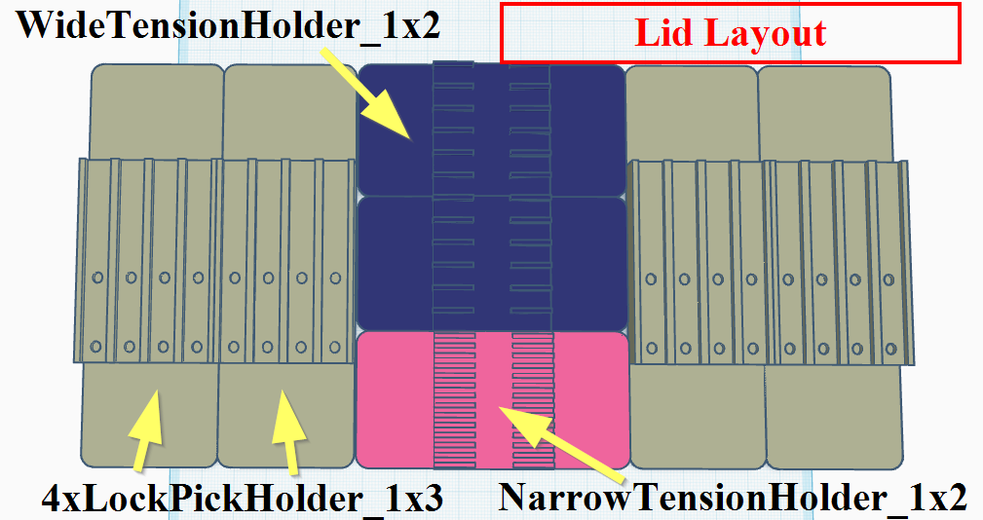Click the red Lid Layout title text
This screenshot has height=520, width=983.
[x=730, y=34]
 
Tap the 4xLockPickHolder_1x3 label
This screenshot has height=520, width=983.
[x=243, y=499]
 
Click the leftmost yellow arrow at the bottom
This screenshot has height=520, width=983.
[x=145, y=428]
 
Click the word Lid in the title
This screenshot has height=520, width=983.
[x=665, y=34]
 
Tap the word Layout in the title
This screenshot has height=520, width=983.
[x=765, y=34]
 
